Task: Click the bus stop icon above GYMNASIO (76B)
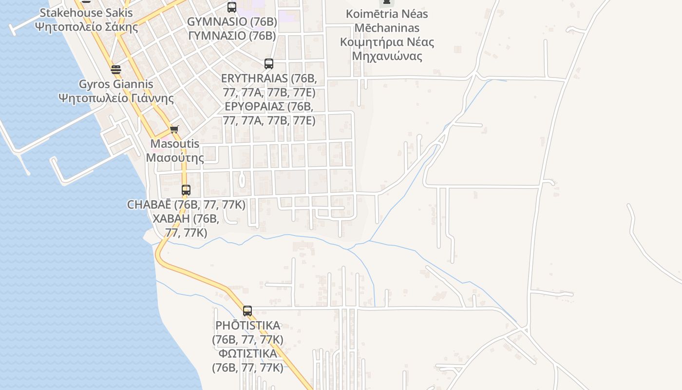(x=232, y=7)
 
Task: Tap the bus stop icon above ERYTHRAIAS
(x=268, y=63)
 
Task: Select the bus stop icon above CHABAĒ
(x=186, y=190)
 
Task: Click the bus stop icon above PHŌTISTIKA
(x=247, y=311)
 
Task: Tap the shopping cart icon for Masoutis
(x=174, y=129)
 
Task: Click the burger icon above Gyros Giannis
(x=115, y=69)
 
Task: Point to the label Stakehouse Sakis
(x=86, y=13)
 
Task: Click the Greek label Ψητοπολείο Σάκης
(x=87, y=26)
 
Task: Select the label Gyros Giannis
(x=116, y=84)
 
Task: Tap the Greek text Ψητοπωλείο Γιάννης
(x=116, y=98)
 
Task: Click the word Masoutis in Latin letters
(x=175, y=144)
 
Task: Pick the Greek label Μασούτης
(x=175, y=157)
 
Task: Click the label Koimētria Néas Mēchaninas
(x=387, y=20)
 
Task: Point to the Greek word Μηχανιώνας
(x=387, y=56)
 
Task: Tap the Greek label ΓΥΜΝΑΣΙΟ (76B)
(x=232, y=36)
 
